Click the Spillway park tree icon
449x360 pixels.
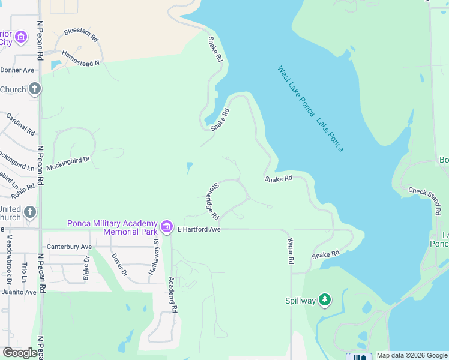325,299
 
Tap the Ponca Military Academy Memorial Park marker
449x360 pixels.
167,228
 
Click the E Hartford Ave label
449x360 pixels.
199,229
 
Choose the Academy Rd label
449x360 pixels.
173,295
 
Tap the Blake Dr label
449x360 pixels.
86,268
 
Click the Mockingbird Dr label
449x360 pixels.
68,163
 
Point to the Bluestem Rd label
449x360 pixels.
80,34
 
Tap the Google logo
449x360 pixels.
20,353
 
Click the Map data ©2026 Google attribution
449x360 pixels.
411,355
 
